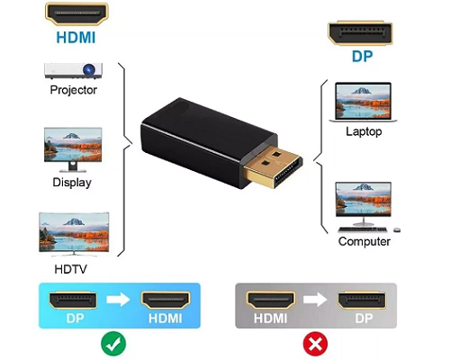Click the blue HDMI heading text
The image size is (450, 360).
tap(76, 38)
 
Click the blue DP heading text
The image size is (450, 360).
tap(363, 57)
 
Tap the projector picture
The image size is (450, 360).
tap(73, 71)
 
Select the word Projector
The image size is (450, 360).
tap(73, 90)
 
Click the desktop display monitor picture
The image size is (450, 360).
tap(73, 149)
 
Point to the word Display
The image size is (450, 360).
tap(72, 183)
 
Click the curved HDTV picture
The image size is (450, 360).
tap(74, 234)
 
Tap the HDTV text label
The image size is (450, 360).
tap(70, 269)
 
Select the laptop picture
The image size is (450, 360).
tap(364, 102)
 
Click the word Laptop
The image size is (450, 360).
tap(364, 131)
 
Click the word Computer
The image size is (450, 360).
tap(364, 241)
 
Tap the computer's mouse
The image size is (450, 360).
tap(397, 230)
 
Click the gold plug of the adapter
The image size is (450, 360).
tap(273, 168)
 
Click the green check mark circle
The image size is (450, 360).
tap(113, 344)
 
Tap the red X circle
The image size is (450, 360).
tap(315, 344)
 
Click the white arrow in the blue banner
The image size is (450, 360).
tap(118, 300)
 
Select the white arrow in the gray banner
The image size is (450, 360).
tap(315, 299)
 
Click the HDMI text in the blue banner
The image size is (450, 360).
tap(166, 319)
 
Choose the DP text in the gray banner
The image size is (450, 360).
tap(364, 319)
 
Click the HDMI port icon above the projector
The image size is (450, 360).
tap(76, 14)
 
